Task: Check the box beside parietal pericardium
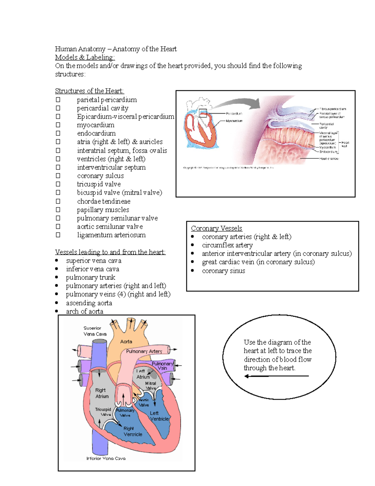point(58,100)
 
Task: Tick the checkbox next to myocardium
point(58,125)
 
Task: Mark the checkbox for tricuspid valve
point(58,184)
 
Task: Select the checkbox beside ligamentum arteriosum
point(58,235)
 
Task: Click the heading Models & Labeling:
point(85,57)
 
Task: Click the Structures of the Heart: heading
point(89,91)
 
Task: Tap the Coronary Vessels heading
point(217,228)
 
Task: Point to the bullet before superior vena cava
point(57,260)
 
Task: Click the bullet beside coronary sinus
point(192,270)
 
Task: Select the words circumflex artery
point(227,245)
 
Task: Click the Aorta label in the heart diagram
point(126,342)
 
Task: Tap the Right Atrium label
point(102,393)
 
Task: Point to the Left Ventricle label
point(159,416)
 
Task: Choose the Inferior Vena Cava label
point(106,458)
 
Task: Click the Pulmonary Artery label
point(144,351)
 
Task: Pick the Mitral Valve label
point(151,386)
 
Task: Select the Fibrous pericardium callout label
point(332,109)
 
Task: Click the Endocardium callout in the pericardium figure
point(328,152)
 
